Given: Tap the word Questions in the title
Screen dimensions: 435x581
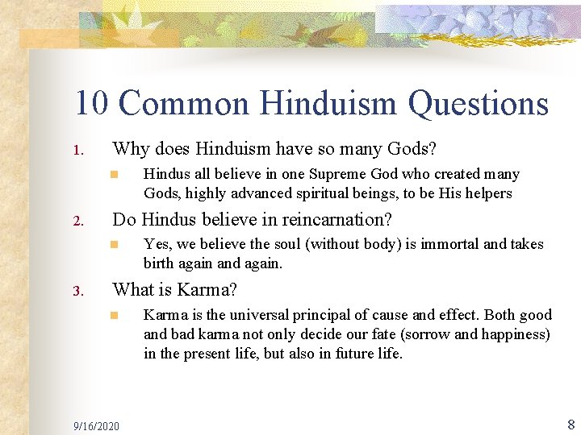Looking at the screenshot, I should coord(478,104).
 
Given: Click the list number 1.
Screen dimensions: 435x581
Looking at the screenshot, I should coord(77,151).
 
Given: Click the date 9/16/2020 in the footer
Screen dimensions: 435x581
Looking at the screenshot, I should coord(95,425).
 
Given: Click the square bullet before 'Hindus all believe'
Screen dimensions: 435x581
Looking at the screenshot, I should coord(115,174).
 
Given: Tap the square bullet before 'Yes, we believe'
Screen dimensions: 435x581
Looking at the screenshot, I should coord(115,244).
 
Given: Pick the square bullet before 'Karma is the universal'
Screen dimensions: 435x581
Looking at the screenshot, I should coord(115,315).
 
